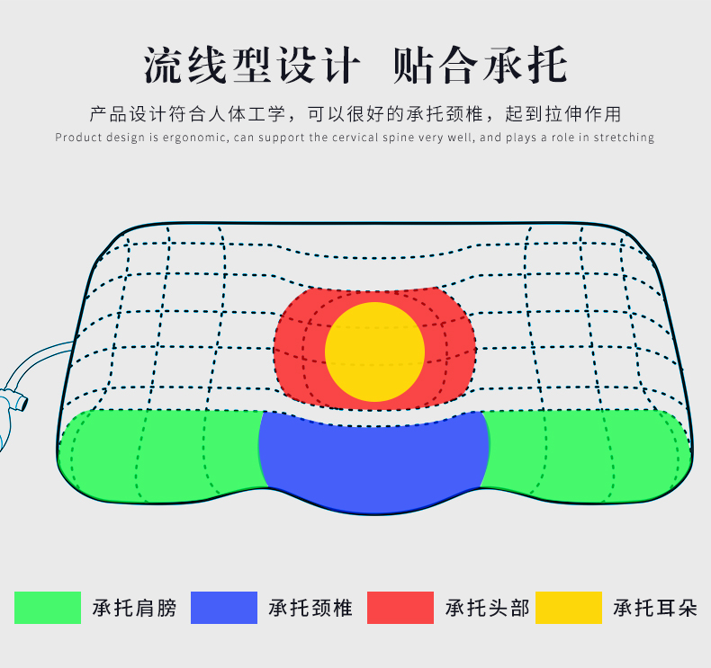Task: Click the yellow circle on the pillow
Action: click(374, 352)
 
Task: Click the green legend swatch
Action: click(48, 608)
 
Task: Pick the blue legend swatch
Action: click(224, 608)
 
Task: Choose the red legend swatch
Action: click(400, 608)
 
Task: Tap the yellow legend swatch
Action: click(569, 608)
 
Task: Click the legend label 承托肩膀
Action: click(134, 608)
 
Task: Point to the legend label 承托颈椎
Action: click(310, 608)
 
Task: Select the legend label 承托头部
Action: click(488, 608)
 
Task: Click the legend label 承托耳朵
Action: click(655, 608)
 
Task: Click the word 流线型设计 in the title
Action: click(252, 66)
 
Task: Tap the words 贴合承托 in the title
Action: click(481, 66)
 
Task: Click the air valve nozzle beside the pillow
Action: click(16, 401)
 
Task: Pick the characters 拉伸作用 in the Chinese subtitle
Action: click(583, 114)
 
